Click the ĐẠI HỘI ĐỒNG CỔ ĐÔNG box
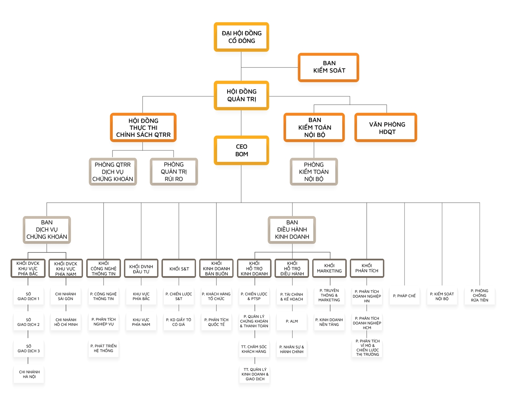coord(241,37)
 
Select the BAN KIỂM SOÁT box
coord(328,67)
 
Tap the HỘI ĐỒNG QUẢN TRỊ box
coord(241,95)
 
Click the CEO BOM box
coord(241,150)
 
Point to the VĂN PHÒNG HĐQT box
coord(386,128)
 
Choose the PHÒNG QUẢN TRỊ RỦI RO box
coord(174,171)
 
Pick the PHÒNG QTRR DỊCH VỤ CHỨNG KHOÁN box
coord(113,171)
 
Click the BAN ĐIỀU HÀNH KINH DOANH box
coord(292,230)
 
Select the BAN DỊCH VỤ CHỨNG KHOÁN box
coord(47,230)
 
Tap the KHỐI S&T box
coord(179,268)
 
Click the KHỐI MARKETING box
coord(329,268)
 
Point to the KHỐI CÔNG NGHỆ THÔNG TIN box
coord(104,268)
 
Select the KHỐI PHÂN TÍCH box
coord(367,268)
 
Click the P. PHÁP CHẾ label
coord(404,296)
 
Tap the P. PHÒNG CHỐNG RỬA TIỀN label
coord(480,296)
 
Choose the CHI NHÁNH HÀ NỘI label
coord(29,374)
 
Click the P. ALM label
coord(292,321)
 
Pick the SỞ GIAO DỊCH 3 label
coord(29,348)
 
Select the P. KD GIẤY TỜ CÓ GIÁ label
coord(179,322)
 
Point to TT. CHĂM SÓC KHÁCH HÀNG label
coord(254,349)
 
